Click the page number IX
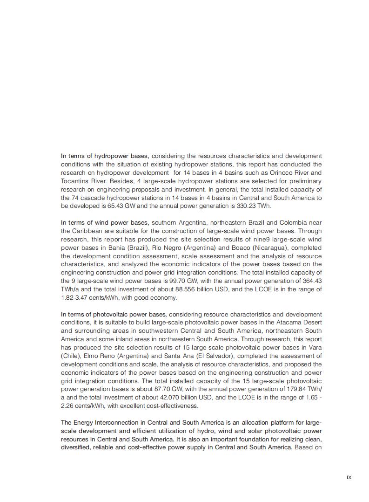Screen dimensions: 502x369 349,477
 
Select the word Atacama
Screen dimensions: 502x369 283,323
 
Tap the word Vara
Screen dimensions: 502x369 315,348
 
